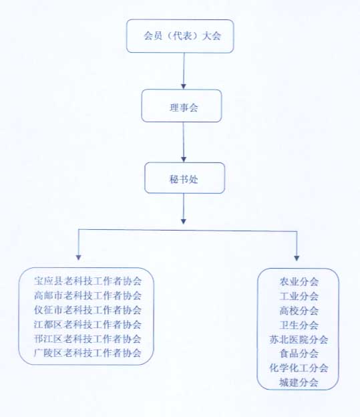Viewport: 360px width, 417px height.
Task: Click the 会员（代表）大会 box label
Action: click(x=182, y=35)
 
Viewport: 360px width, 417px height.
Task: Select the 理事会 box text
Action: click(x=184, y=108)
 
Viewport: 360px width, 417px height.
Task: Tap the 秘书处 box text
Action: click(x=184, y=179)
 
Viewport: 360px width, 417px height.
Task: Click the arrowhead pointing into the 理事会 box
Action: click(x=184, y=86)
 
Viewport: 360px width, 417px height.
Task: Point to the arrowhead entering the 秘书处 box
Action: click(x=184, y=159)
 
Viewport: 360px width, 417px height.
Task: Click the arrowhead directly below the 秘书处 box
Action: click(x=184, y=221)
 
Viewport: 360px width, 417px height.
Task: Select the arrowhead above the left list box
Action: click(x=78, y=257)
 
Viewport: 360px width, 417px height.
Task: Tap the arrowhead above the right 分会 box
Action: click(x=297, y=258)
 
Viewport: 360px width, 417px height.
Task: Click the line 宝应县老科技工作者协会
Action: click(x=87, y=281)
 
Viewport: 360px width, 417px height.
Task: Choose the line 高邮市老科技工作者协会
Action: click(x=87, y=295)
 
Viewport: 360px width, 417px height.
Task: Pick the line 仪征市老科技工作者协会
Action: click(x=87, y=310)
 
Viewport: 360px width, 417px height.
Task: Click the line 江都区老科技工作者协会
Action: click(x=87, y=325)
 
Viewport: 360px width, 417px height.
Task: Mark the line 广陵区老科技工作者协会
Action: click(x=87, y=353)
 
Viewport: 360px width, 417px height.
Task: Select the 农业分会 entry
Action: click(x=299, y=281)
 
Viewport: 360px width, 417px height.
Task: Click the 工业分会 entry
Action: click(x=299, y=296)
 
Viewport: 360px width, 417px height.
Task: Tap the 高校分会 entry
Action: click(x=299, y=311)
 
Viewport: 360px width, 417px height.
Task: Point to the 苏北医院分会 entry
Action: click(x=299, y=339)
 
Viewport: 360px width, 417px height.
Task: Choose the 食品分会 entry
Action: click(x=299, y=354)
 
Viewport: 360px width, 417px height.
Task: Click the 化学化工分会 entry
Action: click(x=299, y=368)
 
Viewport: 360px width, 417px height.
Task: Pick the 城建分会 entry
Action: click(x=299, y=382)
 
